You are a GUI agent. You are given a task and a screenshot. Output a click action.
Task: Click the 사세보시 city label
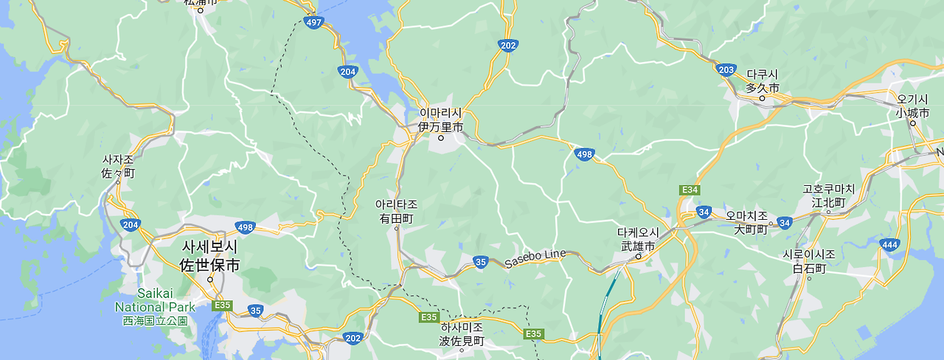point(209,247)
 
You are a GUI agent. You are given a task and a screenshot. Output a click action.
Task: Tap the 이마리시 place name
point(440,113)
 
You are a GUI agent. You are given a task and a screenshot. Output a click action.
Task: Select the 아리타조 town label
point(396,204)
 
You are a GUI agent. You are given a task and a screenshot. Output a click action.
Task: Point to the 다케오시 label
point(637,232)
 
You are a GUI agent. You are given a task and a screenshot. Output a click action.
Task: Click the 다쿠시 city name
point(763,75)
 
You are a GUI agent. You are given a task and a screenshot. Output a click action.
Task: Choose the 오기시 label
point(912,99)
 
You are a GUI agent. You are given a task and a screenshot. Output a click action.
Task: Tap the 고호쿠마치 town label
point(828,189)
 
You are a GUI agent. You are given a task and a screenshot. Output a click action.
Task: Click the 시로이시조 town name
point(809,255)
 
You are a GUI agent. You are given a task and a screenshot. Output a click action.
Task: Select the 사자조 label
point(118,159)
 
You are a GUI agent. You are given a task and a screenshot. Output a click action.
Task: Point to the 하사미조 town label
point(461,327)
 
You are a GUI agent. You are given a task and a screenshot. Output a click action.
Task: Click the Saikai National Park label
point(155,300)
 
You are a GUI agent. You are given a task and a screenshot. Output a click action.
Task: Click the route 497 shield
point(314,23)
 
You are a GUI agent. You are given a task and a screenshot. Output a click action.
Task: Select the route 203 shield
point(726,69)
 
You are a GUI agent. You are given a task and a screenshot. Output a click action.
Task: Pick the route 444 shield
point(889,244)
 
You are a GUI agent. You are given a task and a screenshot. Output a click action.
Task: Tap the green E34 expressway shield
point(690,190)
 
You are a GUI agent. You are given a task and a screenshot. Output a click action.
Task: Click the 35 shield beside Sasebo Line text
point(481,262)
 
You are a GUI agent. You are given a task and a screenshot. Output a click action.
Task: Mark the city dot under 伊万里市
point(441,138)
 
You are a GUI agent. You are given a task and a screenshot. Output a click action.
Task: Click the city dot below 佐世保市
point(210,280)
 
